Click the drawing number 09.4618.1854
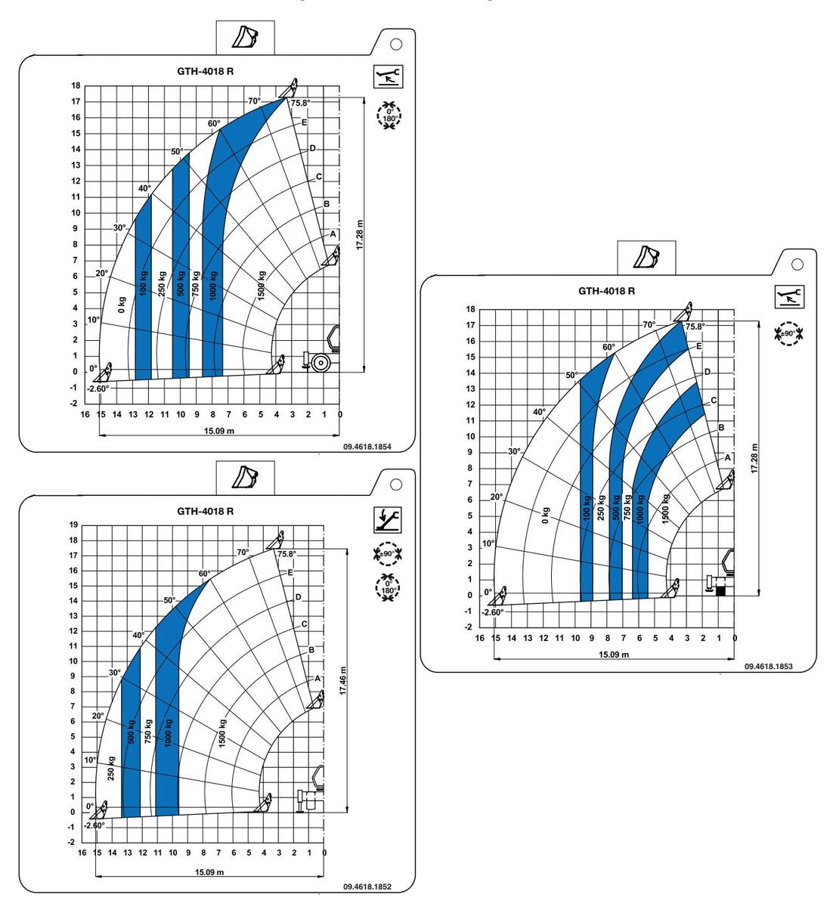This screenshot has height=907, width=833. [x=367, y=447]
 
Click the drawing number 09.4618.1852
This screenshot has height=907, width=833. [x=367, y=887]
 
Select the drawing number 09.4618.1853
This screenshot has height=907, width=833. [x=768, y=666]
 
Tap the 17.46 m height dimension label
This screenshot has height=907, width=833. [x=343, y=681]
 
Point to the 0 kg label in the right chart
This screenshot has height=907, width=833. [x=546, y=515]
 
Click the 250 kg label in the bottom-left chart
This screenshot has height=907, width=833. [x=111, y=768]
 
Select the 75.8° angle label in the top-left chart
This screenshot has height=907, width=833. [x=300, y=103]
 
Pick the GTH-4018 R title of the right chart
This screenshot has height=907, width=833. [x=606, y=291]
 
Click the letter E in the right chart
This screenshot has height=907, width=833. [x=698, y=346]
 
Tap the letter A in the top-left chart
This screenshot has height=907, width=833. [x=333, y=234]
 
